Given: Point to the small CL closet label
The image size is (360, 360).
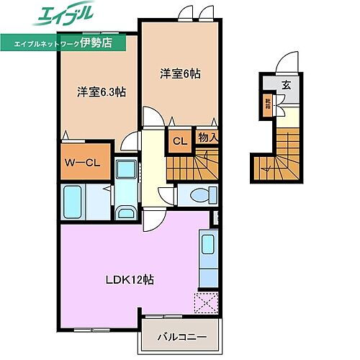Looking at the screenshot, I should (x=179, y=141).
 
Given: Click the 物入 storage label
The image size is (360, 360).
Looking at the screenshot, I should (x=208, y=137).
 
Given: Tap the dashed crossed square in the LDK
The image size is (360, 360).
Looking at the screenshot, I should (x=205, y=304).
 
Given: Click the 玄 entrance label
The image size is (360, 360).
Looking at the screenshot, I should (x=286, y=85).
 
